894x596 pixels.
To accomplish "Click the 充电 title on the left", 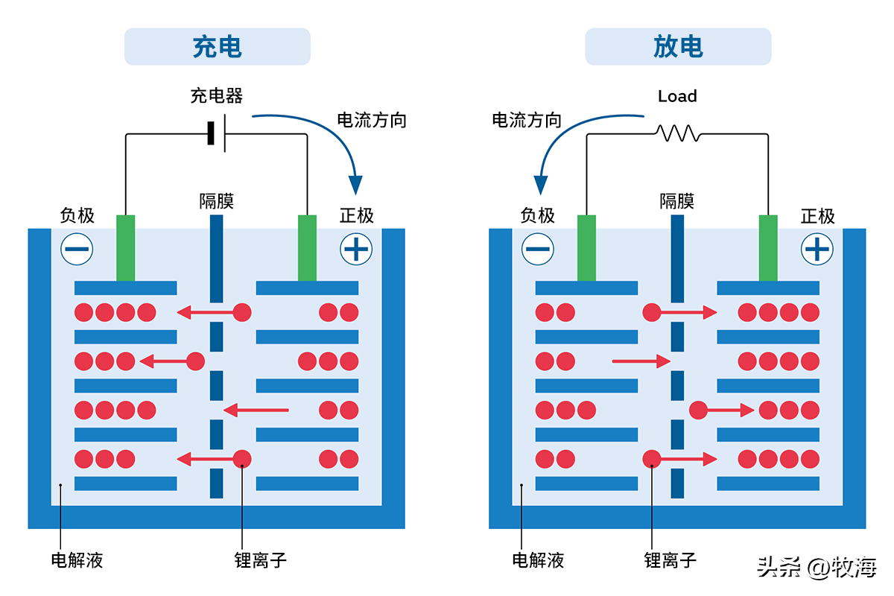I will click(217, 47).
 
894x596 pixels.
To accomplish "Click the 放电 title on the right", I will click(677, 47).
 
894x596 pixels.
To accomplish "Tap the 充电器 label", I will click(216, 96).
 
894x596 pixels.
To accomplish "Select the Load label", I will click(677, 96).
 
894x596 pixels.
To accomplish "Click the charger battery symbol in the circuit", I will click(217, 134).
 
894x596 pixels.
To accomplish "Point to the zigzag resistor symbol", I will click(677, 133).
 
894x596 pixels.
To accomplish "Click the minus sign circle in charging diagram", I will click(77, 249).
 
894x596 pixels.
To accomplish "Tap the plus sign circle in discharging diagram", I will click(817, 249).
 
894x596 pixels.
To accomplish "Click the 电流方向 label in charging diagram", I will click(372, 120).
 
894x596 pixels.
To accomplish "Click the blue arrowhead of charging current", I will click(356, 184).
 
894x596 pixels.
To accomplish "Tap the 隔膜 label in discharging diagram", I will click(676, 201).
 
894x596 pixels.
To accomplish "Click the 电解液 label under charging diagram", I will click(77, 560).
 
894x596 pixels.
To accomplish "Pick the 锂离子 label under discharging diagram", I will click(670, 560).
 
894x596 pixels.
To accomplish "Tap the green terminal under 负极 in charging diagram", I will click(126, 247).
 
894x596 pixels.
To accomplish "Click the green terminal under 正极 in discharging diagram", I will click(768, 247).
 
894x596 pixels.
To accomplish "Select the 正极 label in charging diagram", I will click(356, 216).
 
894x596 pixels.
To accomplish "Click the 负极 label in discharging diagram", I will click(537, 216).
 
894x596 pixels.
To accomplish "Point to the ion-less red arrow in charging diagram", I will click(256, 410).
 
